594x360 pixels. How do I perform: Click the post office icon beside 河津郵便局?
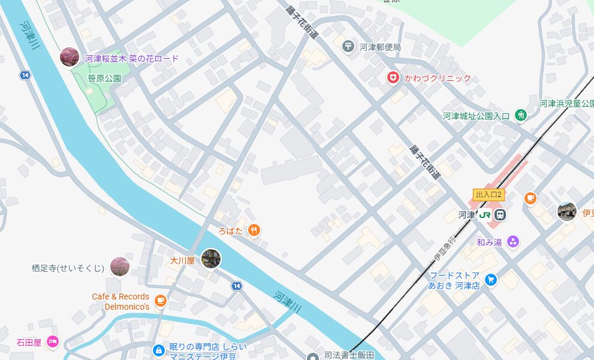pos(348,46)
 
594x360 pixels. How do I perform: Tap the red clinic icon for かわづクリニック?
pos(393,78)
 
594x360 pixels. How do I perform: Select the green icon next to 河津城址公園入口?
pos(521,115)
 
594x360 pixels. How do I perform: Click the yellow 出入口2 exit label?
pos(488,195)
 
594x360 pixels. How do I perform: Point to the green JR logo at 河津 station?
pos(484,214)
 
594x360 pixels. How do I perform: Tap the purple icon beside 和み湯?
pos(512,242)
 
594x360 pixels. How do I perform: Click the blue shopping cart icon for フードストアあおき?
pos(491,280)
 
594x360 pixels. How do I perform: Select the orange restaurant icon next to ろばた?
pos(254,230)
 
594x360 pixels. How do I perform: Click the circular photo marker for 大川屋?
pos(211,259)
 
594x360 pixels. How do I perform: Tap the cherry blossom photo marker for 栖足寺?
pos(120,267)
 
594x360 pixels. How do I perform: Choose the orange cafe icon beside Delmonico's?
pos(160,301)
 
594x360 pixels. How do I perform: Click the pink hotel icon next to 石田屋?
pos(53,342)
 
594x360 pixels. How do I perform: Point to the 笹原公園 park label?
pos(105,78)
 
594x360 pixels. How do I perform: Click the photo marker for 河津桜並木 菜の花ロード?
pos(70,58)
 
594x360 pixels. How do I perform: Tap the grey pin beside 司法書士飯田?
pos(312,356)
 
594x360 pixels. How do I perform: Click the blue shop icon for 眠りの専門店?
pos(158,349)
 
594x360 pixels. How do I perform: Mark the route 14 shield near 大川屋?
pos(237,286)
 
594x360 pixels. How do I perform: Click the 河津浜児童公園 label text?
pos(566,104)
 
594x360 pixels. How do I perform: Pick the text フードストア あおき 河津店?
pos(454,280)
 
